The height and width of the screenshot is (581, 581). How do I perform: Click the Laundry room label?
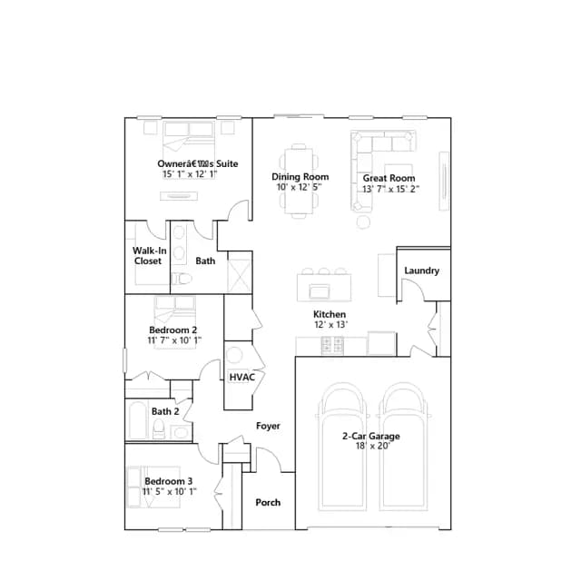tap(421, 271)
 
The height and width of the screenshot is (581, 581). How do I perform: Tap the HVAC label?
tap(242, 378)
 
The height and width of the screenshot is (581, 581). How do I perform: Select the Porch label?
tap(268, 502)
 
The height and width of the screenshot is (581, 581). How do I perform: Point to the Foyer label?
tap(268, 426)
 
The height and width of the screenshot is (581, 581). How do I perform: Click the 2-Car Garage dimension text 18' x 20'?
tap(373, 446)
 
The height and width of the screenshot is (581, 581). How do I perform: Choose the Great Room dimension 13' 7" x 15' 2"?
tap(390, 189)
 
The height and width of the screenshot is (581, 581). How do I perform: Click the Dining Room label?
tap(300, 177)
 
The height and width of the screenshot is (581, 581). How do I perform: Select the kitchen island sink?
tap(319, 291)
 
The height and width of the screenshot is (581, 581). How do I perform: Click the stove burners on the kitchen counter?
tap(333, 345)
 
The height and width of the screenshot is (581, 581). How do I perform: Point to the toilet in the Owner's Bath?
tap(182, 279)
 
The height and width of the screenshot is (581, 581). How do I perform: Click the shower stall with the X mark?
tap(239, 276)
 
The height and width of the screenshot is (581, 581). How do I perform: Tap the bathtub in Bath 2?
tap(137, 420)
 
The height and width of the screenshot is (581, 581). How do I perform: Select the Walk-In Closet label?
tap(149, 256)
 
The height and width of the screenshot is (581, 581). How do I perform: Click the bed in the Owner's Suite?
tap(189, 148)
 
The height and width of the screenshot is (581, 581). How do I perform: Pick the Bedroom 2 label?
tap(173, 330)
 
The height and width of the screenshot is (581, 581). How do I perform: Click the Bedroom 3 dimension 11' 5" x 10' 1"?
tap(170, 492)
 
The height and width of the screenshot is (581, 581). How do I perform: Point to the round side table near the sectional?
tap(363, 222)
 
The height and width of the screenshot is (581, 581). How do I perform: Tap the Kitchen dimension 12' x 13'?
tap(330, 325)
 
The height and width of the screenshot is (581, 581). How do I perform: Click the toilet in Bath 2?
tap(159, 427)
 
